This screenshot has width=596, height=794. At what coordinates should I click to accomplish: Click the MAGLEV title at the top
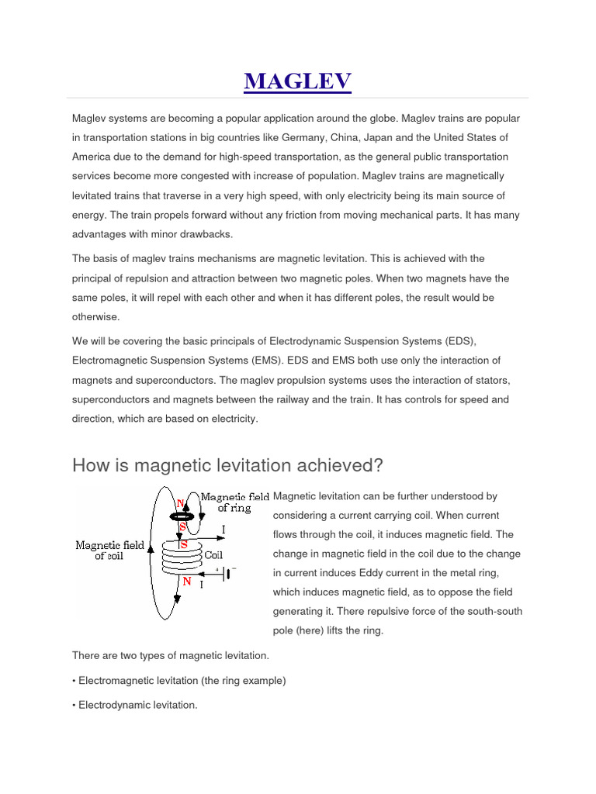tap(298, 81)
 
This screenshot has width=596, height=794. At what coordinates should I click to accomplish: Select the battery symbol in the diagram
tap(227, 574)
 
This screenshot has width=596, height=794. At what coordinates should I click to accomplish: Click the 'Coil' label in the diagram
tap(214, 555)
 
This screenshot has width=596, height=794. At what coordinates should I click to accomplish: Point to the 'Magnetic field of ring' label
tap(235, 502)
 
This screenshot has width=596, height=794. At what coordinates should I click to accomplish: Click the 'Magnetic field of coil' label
tap(109, 551)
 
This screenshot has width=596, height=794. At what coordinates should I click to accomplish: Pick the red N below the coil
tap(187, 581)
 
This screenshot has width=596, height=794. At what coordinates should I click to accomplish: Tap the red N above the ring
tap(180, 502)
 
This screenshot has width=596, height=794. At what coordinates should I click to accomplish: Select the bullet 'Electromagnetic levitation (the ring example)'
tap(179, 681)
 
